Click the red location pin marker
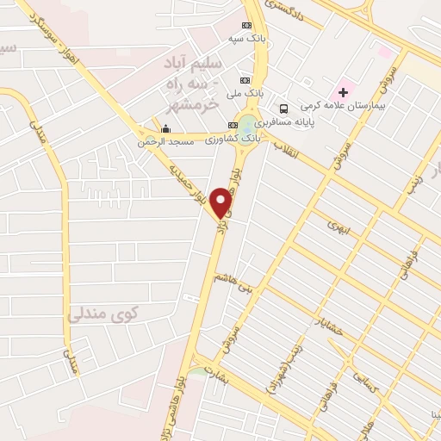click(x=222, y=202)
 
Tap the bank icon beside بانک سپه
click(x=247, y=25)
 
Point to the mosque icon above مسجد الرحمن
click(x=165, y=129)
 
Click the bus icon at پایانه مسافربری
click(x=283, y=108)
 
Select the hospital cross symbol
click(x=344, y=90)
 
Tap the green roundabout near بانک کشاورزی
click(x=248, y=126)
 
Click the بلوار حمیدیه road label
click(x=189, y=183)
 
